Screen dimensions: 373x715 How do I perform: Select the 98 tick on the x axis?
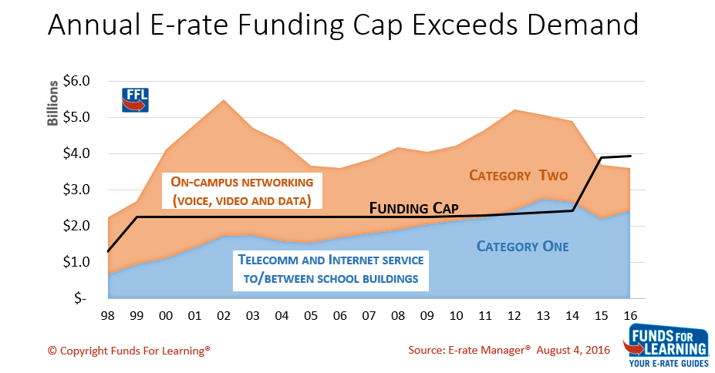(107, 317)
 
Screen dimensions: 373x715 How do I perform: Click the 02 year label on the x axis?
(224, 317)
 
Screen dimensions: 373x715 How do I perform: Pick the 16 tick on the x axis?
(630, 317)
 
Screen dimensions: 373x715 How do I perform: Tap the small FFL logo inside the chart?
(136, 100)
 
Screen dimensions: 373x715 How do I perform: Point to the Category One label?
(522, 247)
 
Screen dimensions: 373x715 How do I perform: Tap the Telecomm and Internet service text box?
(331, 270)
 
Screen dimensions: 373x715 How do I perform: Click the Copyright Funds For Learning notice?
(129, 350)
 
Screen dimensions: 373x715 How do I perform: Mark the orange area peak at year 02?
(224, 101)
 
